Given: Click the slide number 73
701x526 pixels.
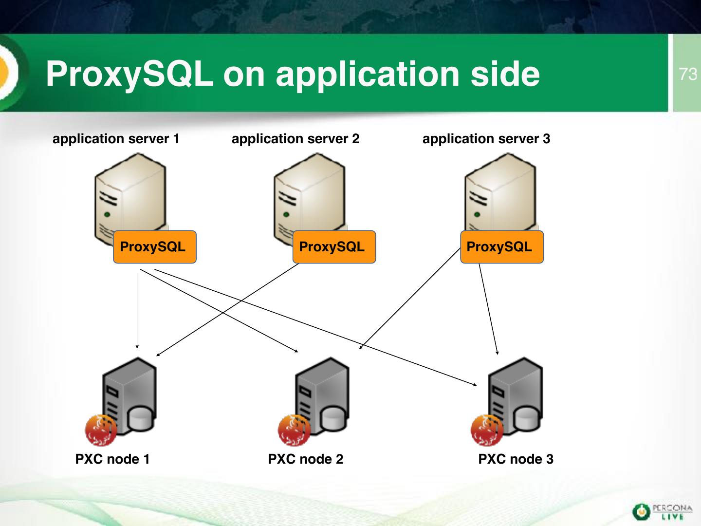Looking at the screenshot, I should click(688, 74).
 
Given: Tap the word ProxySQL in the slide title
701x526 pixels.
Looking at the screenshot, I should click(129, 74).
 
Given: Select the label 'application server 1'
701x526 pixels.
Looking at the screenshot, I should click(116, 139).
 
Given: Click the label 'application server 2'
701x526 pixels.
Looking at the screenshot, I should click(295, 139).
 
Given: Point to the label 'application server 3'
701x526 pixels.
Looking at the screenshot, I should click(486, 139).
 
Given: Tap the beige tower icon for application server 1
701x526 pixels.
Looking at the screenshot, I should click(130, 195).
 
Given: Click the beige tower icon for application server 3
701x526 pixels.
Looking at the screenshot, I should click(500, 195).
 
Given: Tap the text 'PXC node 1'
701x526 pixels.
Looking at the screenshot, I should click(112, 459).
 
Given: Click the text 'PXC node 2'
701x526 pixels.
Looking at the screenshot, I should click(306, 459).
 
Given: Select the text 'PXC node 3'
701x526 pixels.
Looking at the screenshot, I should click(516, 459).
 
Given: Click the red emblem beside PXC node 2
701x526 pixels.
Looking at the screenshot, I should click(294, 431).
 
